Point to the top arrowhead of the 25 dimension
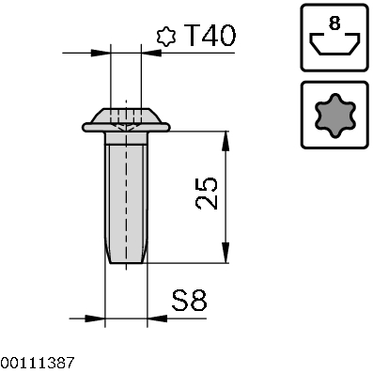pos(225,142)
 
